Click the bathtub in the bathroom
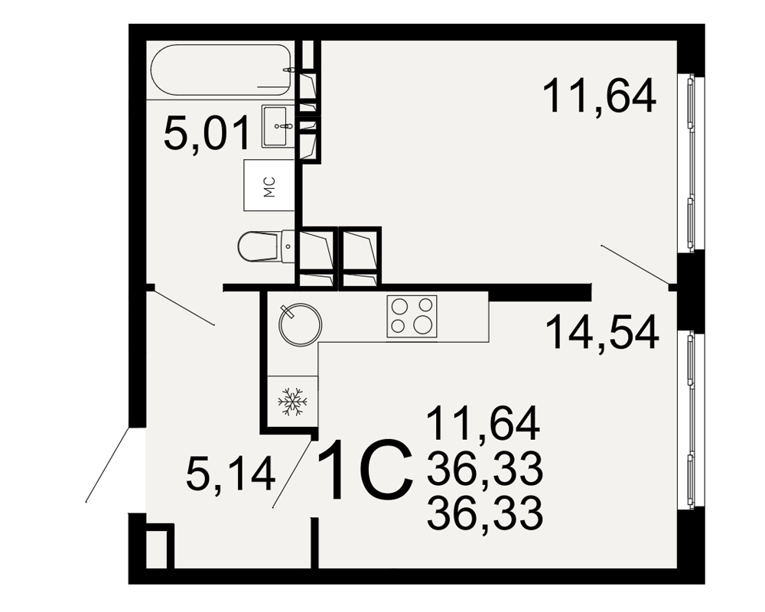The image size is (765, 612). coord(222,70)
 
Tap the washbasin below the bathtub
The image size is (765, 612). coord(278,125)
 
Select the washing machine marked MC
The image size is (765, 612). coord(269,185)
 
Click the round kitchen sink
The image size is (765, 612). coord(300,324)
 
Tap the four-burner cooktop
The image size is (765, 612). coord(412,316)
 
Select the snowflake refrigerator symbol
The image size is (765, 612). coord(293,402)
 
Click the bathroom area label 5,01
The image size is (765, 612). coord(207,133)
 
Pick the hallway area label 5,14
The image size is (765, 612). coord(231,476)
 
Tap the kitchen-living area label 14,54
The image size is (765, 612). coord(602,332)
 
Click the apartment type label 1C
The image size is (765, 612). coord(364,470)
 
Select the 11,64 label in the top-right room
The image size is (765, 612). coord(600,96)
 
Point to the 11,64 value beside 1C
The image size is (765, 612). coord(483,423)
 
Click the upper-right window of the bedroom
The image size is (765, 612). coord(691,163)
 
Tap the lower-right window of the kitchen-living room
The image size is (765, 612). coord(691,420)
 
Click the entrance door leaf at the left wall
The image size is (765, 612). coord(107,464)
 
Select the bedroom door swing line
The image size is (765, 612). coord(636,264)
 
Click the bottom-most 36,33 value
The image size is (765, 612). coord(485,513)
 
